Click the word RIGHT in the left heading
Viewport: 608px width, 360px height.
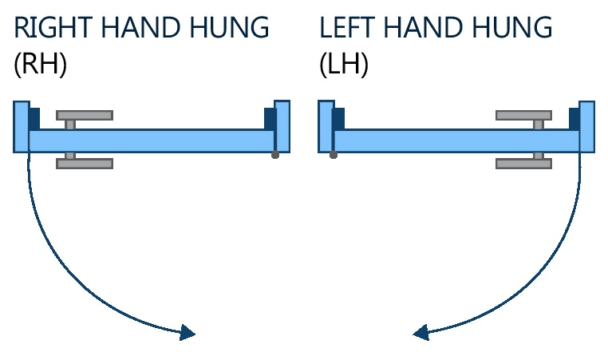(x=50, y=28)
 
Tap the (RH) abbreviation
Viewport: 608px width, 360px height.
(x=40, y=65)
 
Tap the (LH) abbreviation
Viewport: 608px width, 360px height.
(x=344, y=65)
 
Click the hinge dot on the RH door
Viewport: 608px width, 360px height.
(x=275, y=155)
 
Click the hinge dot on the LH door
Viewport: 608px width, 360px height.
(x=333, y=155)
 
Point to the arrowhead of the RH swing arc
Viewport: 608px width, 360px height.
(x=188, y=332)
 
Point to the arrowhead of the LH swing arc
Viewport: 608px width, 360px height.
(x=421, y=332)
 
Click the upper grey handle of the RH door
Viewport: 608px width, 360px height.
(x=85, y=115)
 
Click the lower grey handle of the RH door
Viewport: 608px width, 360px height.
(x=85, y=164)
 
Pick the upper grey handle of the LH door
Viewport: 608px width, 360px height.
(x=523, y=115)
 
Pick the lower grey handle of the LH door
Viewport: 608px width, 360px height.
(x=523, y=164)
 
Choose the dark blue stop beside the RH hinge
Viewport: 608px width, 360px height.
(x=269, y=117)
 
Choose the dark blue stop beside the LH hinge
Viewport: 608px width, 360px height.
(x=338, y=117)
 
